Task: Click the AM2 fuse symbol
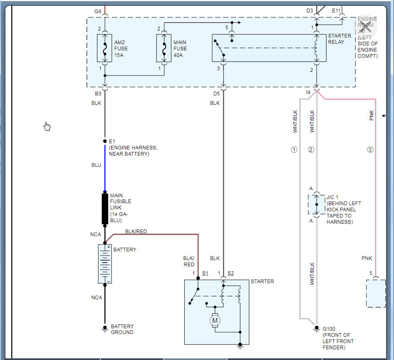click(x=105, y=48)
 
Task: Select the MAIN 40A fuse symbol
click(x=164, y=48)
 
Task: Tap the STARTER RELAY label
click(x=339, y=39)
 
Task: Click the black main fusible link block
click(x=105, y=208)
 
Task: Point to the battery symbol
click(x=105, y=263)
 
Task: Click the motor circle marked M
click(x=215, y=320)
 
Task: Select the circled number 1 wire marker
click(x=294, y=149)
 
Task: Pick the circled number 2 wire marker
click(x=311, y=149)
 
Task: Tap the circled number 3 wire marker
click(x=370, y=149)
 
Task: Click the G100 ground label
click(x=329, y=329)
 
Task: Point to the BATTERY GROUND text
click(x=122, y=329)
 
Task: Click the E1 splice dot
click(x=105, y=141)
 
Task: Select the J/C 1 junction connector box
click(x=317, y=204)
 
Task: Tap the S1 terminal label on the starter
click(x=205, y=273)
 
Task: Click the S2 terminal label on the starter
click(x=230, y=273)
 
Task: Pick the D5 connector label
click(x=216, y=94)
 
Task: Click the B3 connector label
click(x=98, y=94)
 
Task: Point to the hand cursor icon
click(x=47, y=126)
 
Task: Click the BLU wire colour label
click(x=96, y=165)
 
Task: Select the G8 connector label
click(x=97, y=11)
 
